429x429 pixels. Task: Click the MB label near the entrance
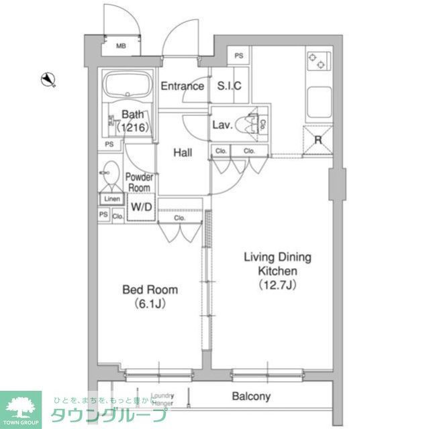(121, 46)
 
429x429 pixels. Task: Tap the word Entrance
(182, 86)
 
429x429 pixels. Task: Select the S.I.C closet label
(229, 86)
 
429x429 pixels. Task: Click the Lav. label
(222, 125)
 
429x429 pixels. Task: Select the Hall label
(183, 153)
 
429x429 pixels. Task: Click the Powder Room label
(140, 182)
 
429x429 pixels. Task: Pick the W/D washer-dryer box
(141, 207)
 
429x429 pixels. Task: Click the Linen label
(111, 199)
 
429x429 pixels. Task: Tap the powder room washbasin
(111, 172)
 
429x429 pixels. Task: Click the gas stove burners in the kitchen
(317, 61)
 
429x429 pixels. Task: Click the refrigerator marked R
(318, 140)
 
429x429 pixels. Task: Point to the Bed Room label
(150, 290)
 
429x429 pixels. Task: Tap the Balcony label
(251, 397)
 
